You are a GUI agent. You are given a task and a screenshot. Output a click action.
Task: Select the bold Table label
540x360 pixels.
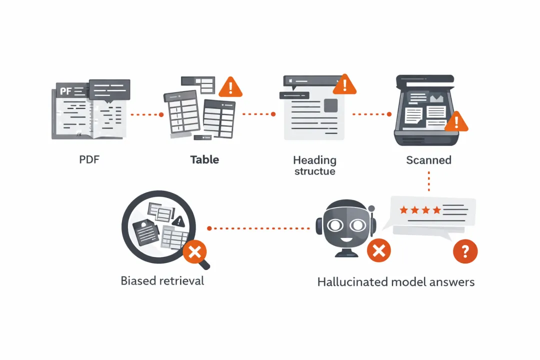pos(204,160)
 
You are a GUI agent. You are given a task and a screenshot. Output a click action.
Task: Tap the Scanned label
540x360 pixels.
pos(428,160)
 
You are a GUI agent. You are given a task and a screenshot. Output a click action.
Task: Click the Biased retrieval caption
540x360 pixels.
pos(162,280)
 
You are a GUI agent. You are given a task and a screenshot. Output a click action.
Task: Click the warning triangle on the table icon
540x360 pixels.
pos(230,88)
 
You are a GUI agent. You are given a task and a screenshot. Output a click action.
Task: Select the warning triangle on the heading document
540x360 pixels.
pos(344,85)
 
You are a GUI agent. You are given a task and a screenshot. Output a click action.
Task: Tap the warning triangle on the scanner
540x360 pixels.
pos(456,122)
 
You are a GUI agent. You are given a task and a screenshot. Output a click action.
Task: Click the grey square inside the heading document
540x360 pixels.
pos(330,105)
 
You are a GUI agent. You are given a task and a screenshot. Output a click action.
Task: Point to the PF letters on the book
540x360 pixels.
pos(66,91)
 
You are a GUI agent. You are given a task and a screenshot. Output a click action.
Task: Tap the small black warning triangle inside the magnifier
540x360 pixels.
pos(178,221)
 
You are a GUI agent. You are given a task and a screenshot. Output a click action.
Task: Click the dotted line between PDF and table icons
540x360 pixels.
pos(146,114)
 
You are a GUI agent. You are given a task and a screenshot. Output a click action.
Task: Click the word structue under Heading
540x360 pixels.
pos(314,171)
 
